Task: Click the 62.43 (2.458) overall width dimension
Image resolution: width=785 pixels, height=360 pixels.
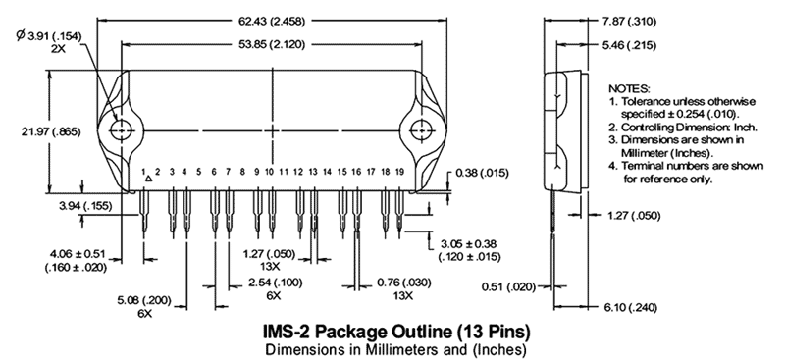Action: [271, 21]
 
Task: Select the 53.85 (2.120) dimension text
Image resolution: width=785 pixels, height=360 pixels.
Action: [271, 44]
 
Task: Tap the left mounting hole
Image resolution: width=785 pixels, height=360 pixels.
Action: [121, 131]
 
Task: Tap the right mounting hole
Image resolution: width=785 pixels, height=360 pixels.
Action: [422, 131]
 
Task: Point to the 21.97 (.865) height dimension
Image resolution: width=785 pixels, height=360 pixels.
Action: [51, 131]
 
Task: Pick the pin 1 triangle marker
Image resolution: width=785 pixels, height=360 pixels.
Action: [148, 179]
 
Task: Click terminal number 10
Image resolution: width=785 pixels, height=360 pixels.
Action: [269, 172]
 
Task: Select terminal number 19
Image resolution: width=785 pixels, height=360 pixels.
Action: [399, 172]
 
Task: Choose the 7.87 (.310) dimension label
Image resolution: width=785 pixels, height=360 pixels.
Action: [629, 21]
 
